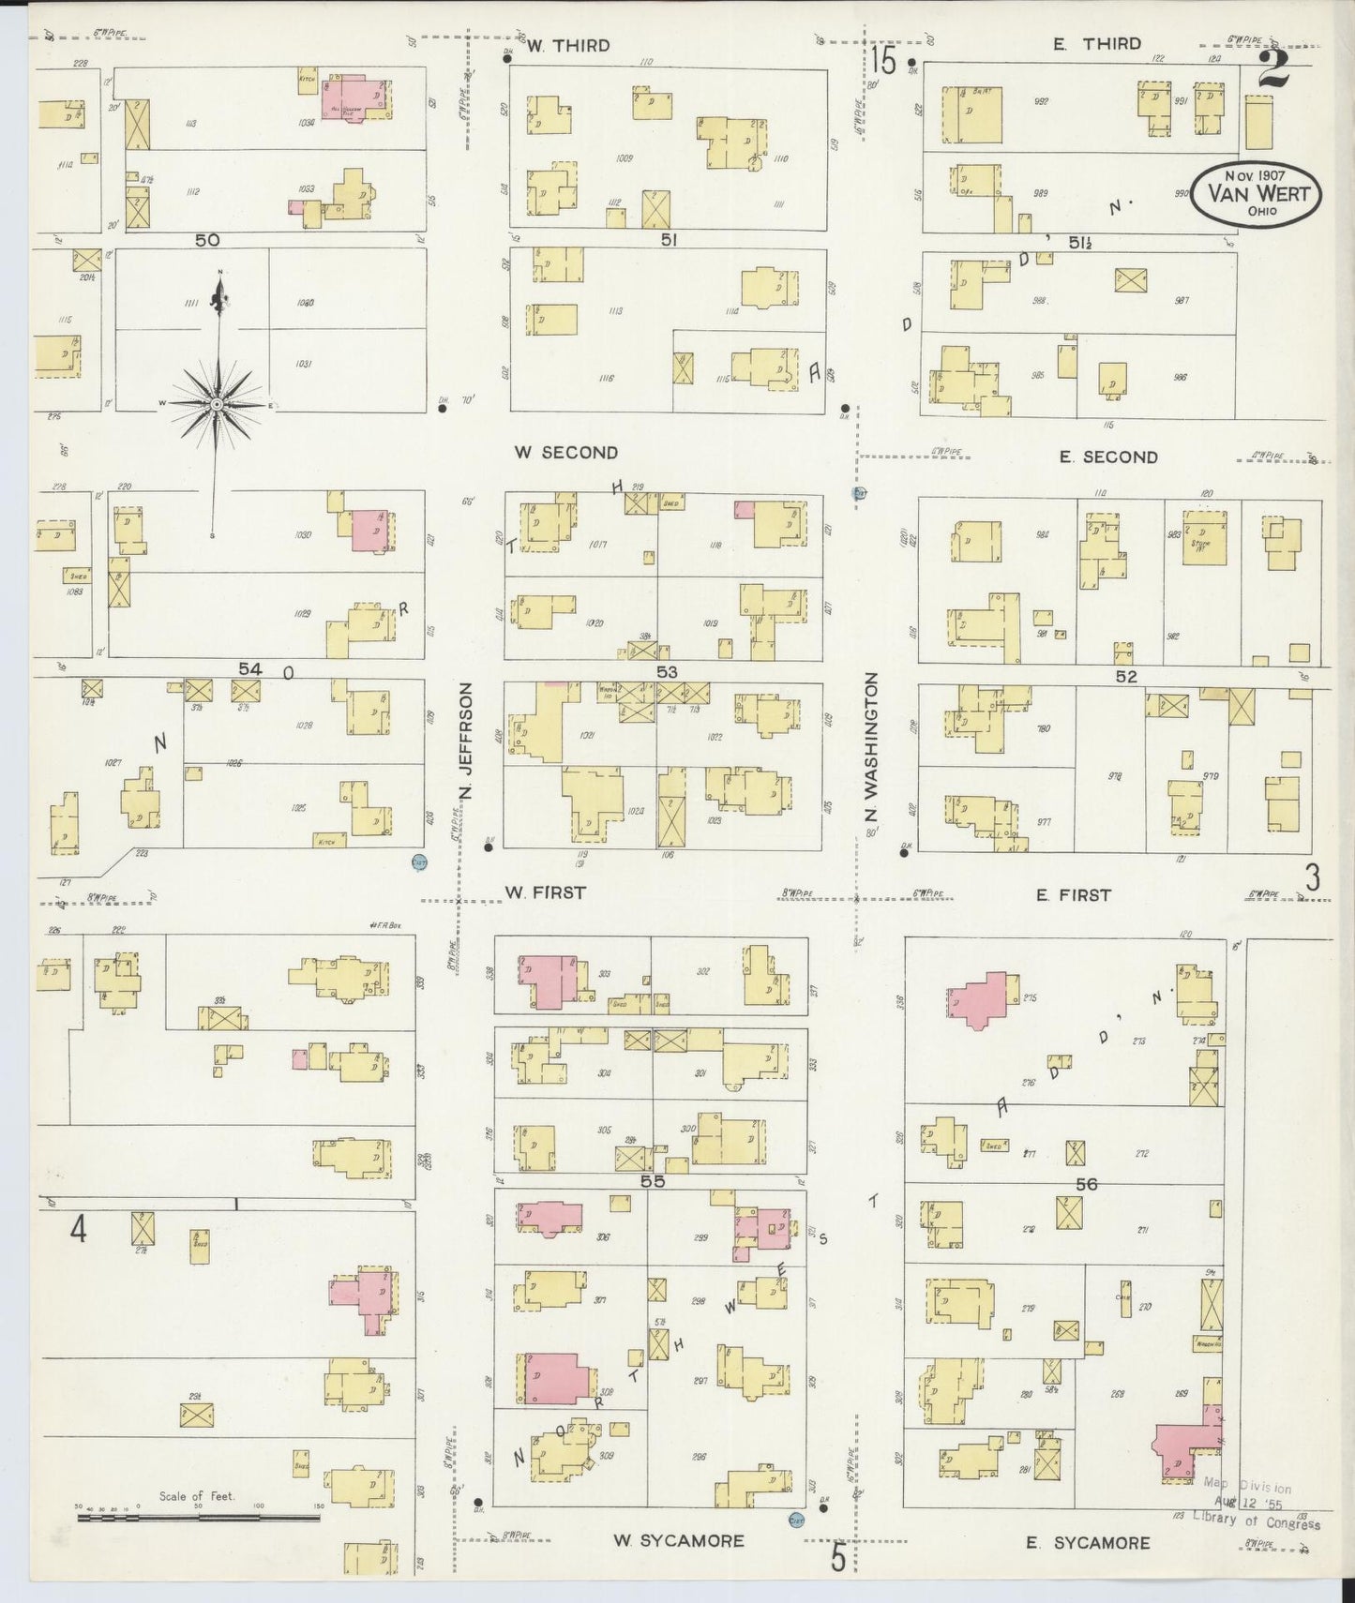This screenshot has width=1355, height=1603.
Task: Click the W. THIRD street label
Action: (x=568, y=45)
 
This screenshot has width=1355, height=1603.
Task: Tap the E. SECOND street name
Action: (x=1107, y=457)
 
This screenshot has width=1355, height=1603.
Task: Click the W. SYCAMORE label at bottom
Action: (x=678, y=1540)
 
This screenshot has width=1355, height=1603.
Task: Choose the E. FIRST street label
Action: (x=1073, y=895)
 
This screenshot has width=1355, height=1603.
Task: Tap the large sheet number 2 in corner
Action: (x=1274, y=68)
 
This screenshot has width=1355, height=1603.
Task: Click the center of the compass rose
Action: (x=217, y=403)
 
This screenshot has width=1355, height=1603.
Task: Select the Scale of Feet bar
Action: (x=198, y=1516)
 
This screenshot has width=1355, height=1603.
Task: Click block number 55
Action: (x=653, y=1182)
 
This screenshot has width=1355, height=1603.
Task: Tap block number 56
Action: (x=1086, y=1185)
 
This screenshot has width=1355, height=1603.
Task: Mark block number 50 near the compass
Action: (x=207, y=241)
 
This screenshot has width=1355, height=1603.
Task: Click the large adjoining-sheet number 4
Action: (x=78, y=1229)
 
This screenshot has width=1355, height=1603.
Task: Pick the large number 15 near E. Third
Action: (x=882, y=62)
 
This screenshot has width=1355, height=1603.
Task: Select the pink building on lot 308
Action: (x=556, y=1380)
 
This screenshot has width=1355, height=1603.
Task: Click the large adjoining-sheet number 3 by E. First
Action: (x=1312, y=877)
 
